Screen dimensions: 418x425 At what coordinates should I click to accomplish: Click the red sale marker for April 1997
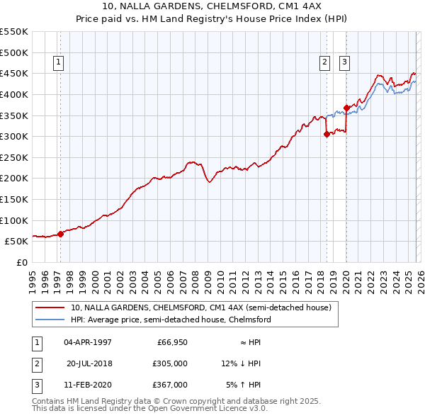[60, 234]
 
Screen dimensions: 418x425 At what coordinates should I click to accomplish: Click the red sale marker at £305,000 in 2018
[326, 134]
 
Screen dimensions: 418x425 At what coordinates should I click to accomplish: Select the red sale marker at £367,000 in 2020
[346, 108]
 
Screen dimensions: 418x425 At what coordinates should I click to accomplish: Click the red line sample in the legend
[50, 308]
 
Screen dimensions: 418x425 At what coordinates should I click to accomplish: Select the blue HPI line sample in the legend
[50, 320]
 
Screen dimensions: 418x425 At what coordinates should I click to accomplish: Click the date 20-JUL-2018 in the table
[89, 363]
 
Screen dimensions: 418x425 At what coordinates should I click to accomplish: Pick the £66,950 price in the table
[172, 342]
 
